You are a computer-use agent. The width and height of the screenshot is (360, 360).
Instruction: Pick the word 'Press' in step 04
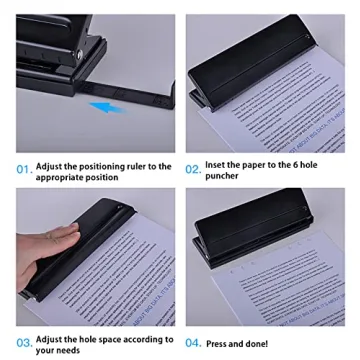tap(217, 344)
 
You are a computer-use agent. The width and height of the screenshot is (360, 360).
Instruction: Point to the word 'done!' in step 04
tap(257, 344)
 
